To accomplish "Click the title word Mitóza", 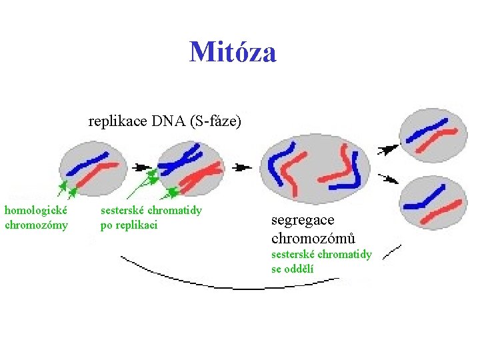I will (x=233, y=52).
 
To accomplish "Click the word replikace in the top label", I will (x=118, y=121).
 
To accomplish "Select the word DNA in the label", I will (x=169, y=121).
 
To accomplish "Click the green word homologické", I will (x=35, y=211).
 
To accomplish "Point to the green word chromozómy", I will (x=37, y=225).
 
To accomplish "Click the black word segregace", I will (x=303, y=220).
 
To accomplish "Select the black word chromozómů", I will (x=313, y=238).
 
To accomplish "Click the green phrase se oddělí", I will (x=293, y=269).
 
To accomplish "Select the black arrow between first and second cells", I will (x=142, y=166).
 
